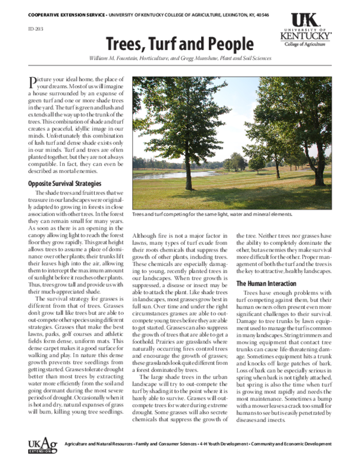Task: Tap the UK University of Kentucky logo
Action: pyautogui.click(x=305, y=30)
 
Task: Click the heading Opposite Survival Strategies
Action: pyautogui.click(x=64, y=184)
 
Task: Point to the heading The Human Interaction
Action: pyautogui.click(x=266, y=284)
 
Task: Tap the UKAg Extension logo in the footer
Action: pyautogui.click(x=42, y=446)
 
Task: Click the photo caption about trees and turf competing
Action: pyautogui.click(x=212, y=214)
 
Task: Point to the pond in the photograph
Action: pyautogui.click(x=173, y=175)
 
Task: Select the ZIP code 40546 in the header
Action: pyautogui.click(x=262, y=15)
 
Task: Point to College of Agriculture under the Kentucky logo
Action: pyautogui.click(x=305, y=44)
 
